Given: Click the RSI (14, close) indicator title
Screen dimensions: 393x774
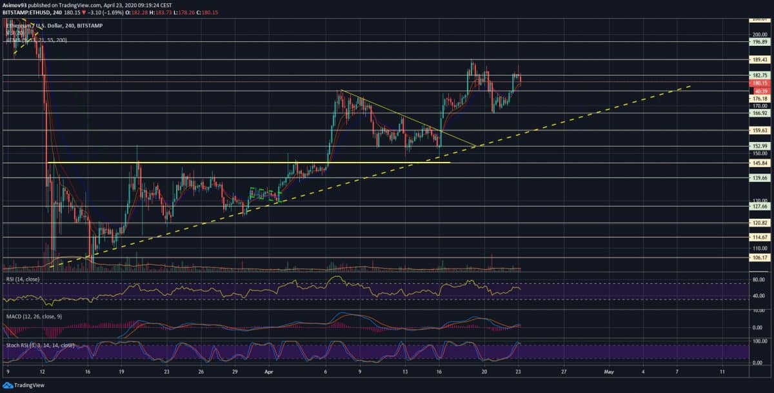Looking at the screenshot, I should tap(23, 279).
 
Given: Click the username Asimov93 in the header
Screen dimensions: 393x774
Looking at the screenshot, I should tap(14, 3).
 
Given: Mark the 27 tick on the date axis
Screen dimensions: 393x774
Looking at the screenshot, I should tap(563, 372).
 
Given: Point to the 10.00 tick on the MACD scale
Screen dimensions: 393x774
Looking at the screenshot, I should tap(758, 310).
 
